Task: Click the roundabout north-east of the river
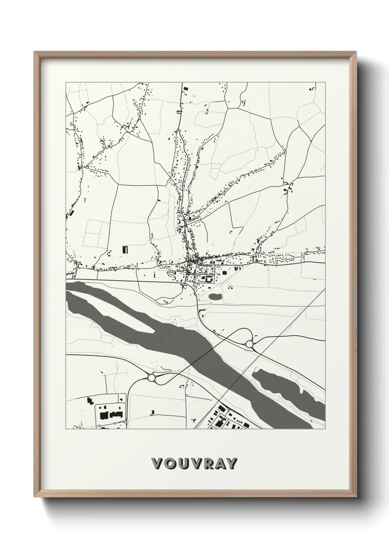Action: click(x=250, y=344)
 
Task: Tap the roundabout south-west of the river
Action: click(x=151, y=378)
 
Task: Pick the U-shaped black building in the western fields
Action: click(x=125, y=250)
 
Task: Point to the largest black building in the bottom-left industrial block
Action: click(x=104, y=415)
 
